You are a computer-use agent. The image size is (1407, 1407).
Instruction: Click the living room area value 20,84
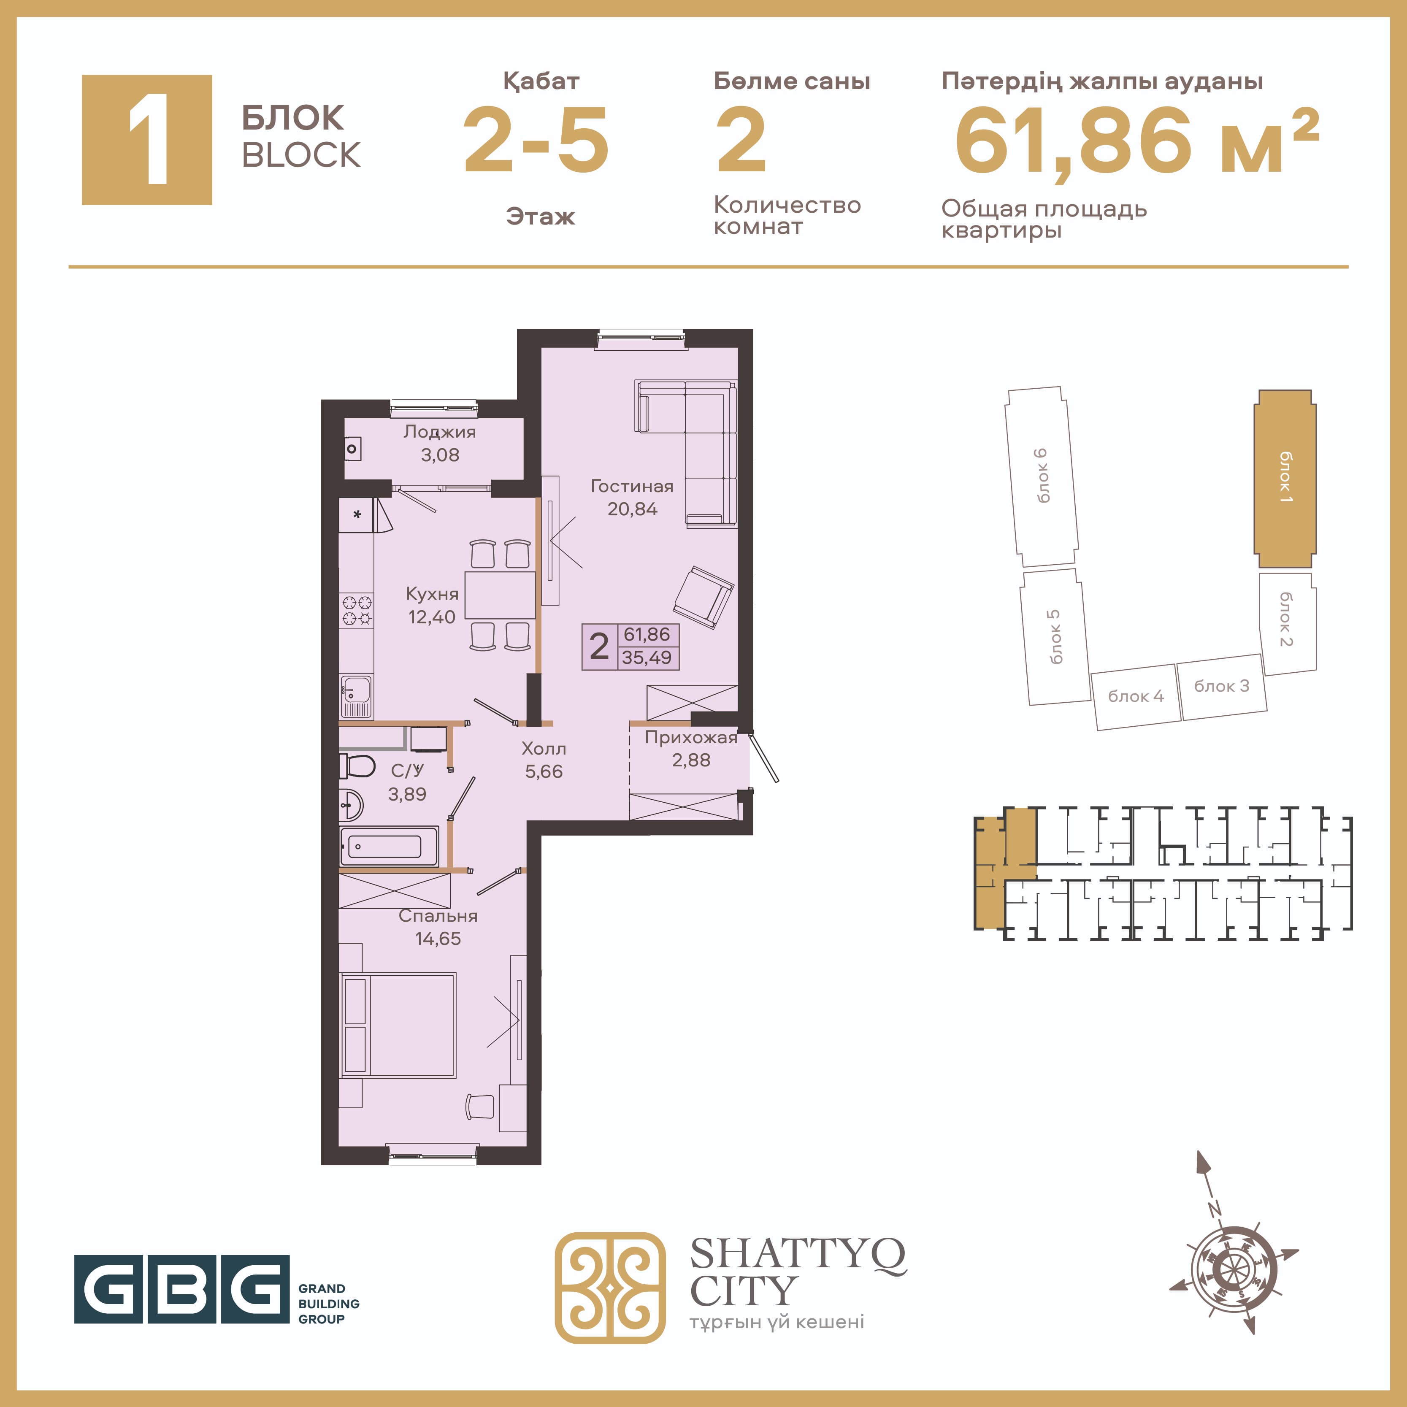[632, 509]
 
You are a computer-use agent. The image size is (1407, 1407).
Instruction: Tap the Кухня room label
[432, 593]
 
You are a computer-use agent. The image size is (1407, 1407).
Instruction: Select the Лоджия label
[440, 432]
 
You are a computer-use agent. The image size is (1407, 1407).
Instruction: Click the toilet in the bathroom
[357, 766]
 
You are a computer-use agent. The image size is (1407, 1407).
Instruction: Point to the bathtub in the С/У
[389, 846]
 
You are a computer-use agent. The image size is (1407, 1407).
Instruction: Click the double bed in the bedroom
[398, 1025]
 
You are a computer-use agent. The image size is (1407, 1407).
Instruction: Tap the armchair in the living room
[703, 596]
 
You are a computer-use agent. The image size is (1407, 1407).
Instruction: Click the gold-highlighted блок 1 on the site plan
[1285, 479]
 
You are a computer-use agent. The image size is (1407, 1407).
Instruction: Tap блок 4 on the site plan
[1136, 696]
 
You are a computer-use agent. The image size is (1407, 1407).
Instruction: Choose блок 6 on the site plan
[1042, 476]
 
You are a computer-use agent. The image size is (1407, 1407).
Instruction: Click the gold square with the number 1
[147, 140]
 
